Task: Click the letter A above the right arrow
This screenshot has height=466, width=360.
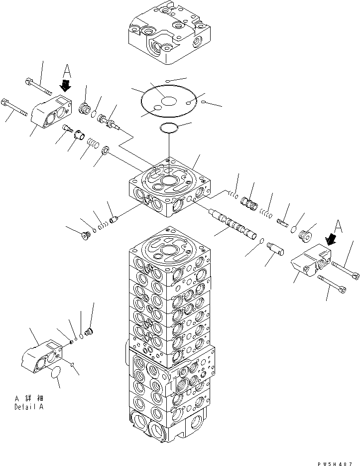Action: [x=339, y=226]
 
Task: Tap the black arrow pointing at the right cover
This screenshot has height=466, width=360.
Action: [x=329, y=241]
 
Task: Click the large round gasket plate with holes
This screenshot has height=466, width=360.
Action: [x=170, y=103]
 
